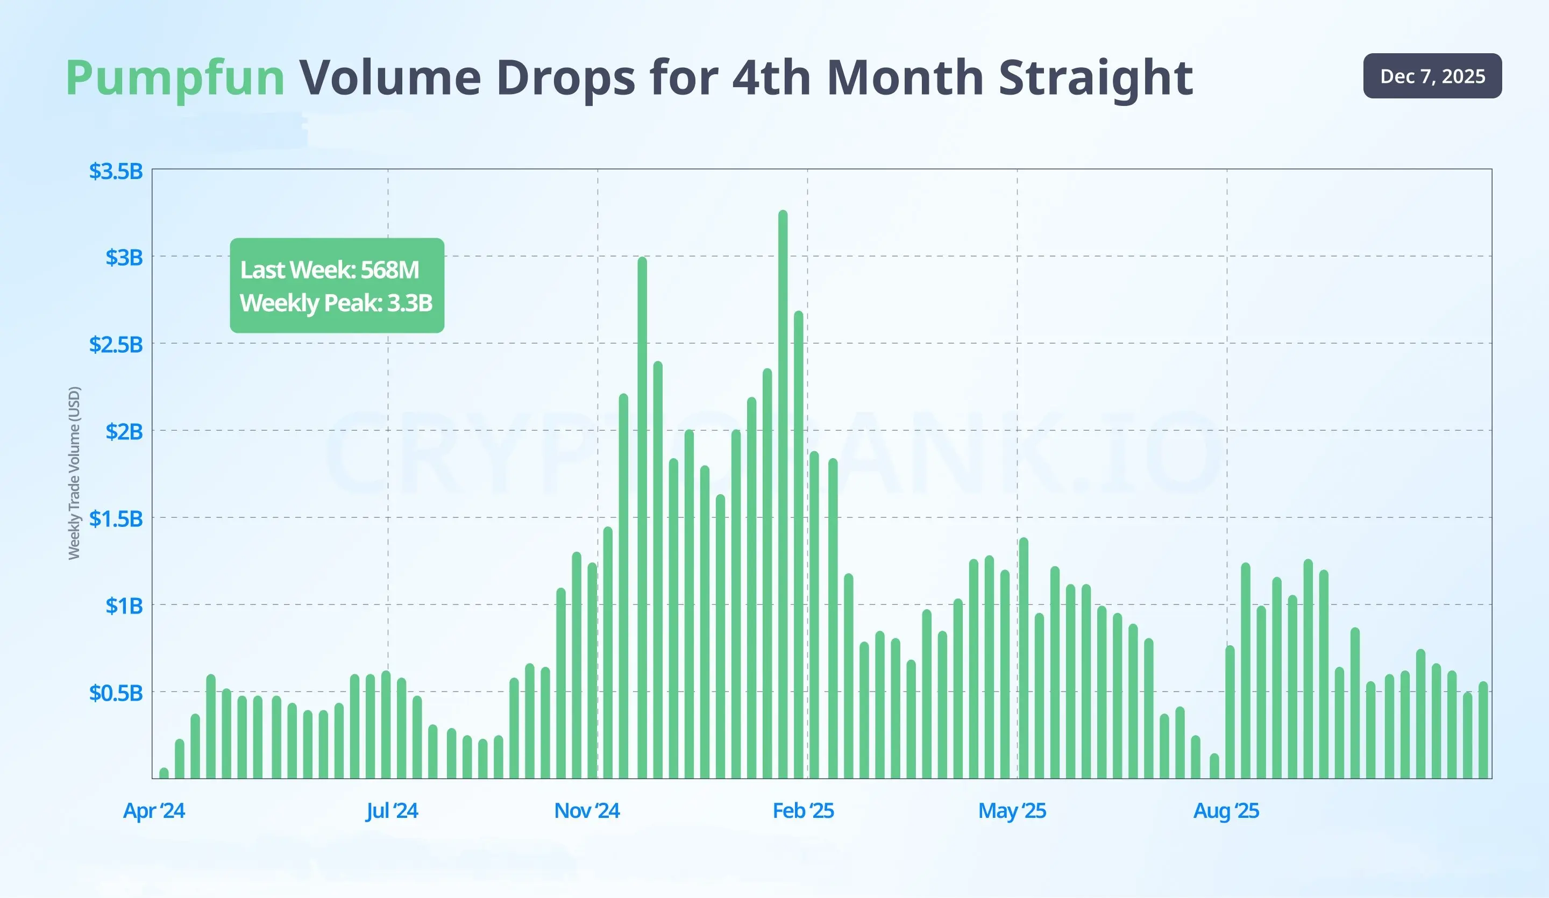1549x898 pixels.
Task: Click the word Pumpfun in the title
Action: (175, 78)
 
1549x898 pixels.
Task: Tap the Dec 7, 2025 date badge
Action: (1432, 76)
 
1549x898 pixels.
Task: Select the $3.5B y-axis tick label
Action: (116, 171)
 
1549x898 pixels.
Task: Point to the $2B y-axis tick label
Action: (124, 431)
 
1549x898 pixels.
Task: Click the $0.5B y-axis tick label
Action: (116, 693)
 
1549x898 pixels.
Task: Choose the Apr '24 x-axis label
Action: (154, 811)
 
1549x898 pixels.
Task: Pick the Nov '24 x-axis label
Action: (586, 811)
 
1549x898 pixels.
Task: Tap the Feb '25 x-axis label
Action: (803, 811)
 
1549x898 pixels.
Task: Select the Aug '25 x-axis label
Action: (1226, 811)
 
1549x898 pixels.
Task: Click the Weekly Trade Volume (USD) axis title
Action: (74, 473)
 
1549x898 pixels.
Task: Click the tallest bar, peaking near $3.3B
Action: (783, 491)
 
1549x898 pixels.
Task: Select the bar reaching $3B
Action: (642, 516)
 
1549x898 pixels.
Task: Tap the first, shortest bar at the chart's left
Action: (164, 773)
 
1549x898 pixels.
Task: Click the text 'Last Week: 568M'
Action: (330, 270)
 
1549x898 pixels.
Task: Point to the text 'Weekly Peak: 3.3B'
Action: (336, 302)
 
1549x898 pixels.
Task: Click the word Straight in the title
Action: (1096, 78)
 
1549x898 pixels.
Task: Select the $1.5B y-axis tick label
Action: (116, 519)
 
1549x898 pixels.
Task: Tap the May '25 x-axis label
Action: (1012, 811)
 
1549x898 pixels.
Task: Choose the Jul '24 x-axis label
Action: (392, 811)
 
